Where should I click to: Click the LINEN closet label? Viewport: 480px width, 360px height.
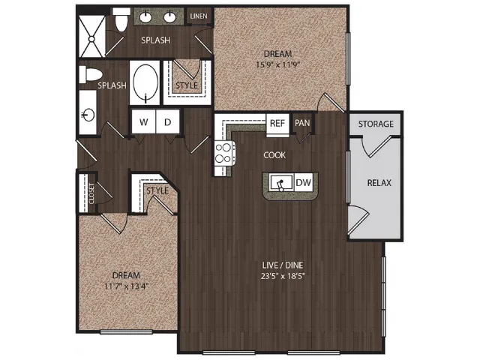coord(199,16)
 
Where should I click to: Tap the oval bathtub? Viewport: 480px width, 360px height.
coord(145,82)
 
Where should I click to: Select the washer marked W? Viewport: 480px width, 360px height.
coord(143,121)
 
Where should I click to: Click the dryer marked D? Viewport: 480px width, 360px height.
coord(167,121)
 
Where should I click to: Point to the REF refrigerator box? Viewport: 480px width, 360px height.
coord(277,124)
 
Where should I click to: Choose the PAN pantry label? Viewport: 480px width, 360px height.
coord(302,123)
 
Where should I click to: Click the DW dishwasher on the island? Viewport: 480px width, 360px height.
coord(303,183)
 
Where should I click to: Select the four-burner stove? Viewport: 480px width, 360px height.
coord(224,153)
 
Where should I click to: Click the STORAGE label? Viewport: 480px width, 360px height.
coord(376,124)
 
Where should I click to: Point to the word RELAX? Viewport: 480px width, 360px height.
coord(379,183)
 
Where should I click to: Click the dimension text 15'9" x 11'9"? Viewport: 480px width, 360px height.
coord(277,65)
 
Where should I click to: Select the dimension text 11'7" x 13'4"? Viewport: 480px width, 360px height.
coord(127,286)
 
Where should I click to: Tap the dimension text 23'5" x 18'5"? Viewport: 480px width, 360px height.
coord(283,277)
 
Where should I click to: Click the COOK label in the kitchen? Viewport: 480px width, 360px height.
coord(274,155)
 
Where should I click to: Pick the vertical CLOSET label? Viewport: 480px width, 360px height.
coord(91,193)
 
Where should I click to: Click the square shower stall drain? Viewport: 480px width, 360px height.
coord(91,39)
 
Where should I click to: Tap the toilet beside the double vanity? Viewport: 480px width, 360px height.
coord(121,19)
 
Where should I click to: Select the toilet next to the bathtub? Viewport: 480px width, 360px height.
coord(90,74)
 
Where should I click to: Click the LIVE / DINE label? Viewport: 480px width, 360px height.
coord(283,265)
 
